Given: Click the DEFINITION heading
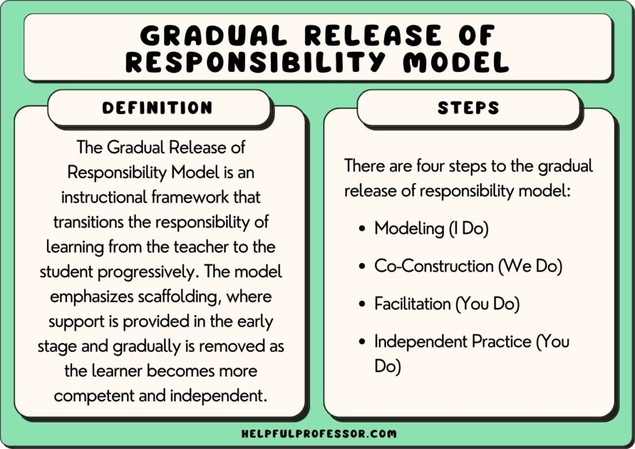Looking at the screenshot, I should point(158,107).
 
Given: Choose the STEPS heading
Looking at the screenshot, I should point(468,107).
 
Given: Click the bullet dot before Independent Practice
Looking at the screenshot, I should point(362,342).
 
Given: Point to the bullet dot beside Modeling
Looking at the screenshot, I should point(362,229).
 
